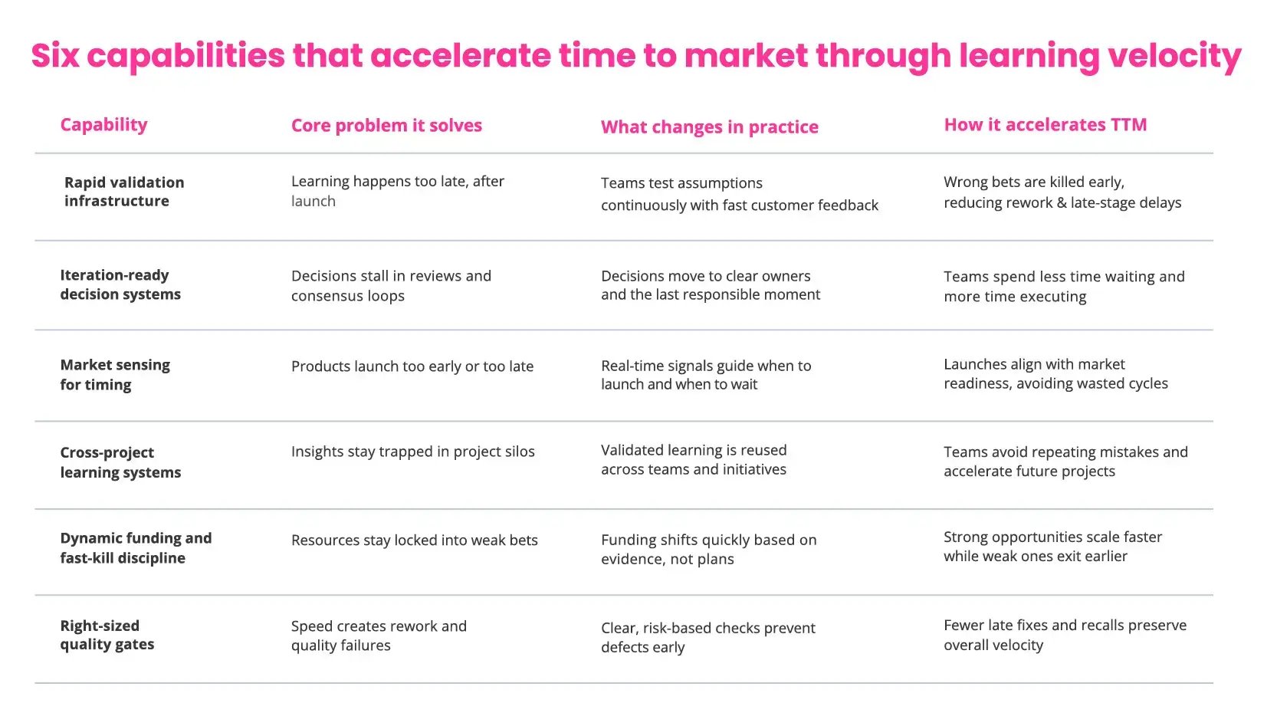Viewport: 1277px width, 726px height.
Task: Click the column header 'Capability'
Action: tap(103, 125)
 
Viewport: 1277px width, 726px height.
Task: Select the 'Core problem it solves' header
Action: tap(386, 126)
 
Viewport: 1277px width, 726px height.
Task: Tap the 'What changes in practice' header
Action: tap(709, 127)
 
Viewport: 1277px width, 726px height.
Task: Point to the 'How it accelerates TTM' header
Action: tap(1045, 125)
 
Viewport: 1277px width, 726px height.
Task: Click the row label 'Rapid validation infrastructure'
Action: tap(124, 192)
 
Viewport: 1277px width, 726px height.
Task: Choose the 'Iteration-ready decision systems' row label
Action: tap(120, 284)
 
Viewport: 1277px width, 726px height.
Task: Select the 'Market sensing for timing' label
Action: tap(115, 375)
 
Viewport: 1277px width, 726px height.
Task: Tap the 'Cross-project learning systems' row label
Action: tap(120, 462)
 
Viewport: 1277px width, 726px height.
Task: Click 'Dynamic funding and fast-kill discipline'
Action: tap(136, 548)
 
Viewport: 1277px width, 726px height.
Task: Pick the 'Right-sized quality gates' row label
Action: tap(107, 635)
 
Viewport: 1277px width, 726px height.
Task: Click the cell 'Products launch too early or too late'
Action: tap(412, 366)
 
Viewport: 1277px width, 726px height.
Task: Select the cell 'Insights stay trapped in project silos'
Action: tap(412, 452)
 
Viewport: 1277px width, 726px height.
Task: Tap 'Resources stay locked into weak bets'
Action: tap(414, 540)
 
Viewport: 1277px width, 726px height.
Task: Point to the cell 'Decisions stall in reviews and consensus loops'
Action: tap(391, 286)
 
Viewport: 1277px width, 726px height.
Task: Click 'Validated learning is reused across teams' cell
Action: tap(694, 460)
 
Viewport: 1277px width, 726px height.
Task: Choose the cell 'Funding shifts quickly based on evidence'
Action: tap(708, 550)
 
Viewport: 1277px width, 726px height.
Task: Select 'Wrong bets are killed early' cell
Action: tap(1062, 192)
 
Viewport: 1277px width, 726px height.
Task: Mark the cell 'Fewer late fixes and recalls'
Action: tap(1065, 635)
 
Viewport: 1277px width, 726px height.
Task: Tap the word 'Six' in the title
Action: tap(55, 56)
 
